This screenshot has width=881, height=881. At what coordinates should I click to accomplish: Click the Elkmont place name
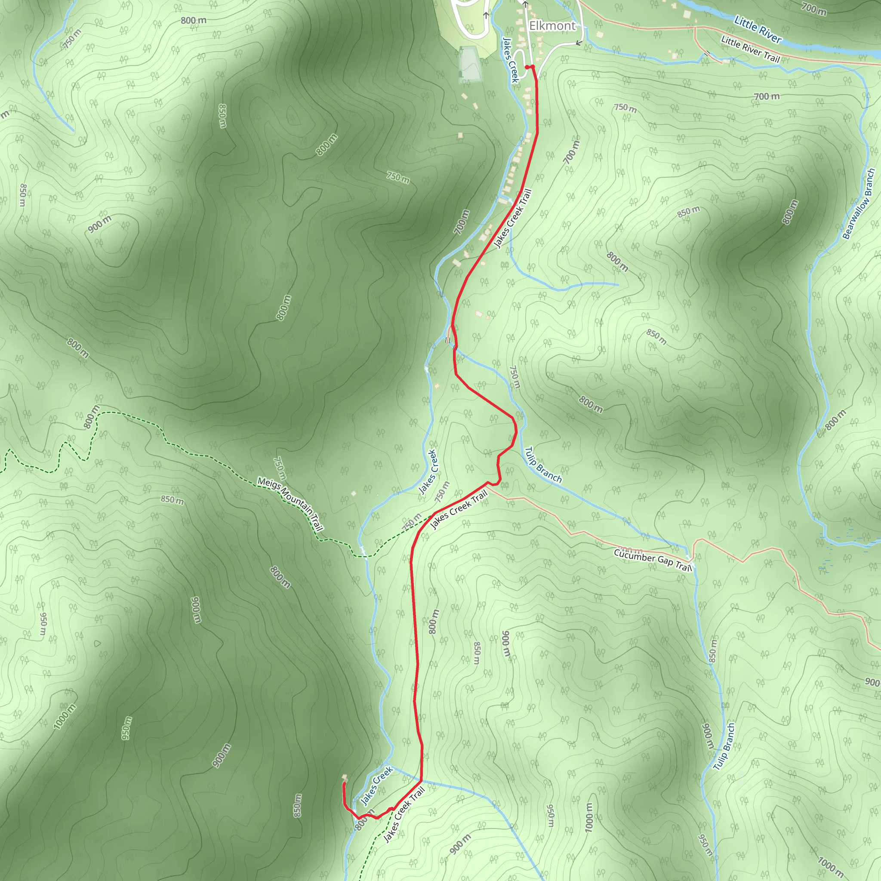552,26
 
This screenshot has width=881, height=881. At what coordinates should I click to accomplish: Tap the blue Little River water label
758,30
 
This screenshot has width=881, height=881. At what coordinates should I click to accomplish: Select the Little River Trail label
750,49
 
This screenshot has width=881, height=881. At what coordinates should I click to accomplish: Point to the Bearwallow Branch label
859,204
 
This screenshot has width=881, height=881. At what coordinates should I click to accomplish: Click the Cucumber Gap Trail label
653,560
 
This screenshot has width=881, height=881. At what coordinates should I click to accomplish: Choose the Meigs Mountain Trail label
290,504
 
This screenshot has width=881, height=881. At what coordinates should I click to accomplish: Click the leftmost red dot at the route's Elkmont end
527,67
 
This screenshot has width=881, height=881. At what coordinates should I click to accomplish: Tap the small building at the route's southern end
345,777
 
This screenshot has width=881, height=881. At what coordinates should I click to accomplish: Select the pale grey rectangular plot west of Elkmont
470,63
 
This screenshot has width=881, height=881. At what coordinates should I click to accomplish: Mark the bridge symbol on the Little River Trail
707,54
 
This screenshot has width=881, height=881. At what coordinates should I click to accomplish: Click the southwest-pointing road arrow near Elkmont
579,43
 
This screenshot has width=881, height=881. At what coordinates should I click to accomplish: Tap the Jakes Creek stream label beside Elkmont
510,60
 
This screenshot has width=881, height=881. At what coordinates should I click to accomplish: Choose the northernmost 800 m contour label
193,21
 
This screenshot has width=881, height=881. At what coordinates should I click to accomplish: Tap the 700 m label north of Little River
813,8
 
